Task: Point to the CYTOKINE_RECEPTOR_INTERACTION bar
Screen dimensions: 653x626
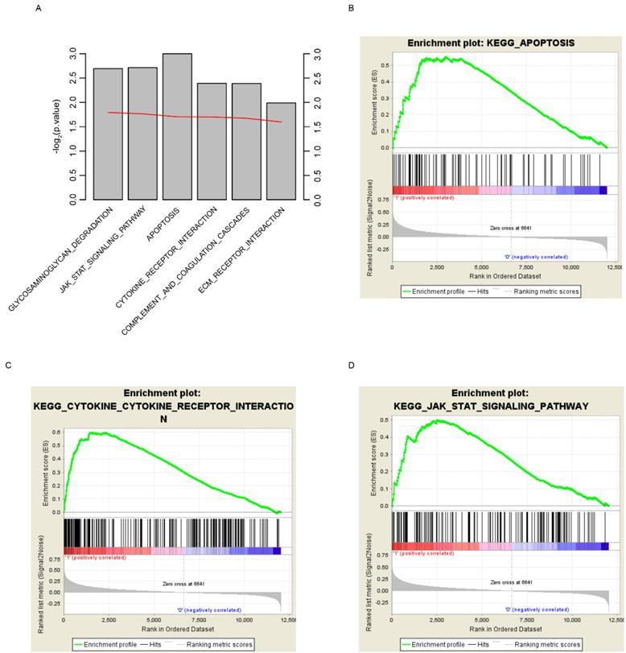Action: point(212,141)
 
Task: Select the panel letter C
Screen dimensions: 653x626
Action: point(8,366)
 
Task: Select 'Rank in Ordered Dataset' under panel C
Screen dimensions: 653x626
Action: point(172,630)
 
